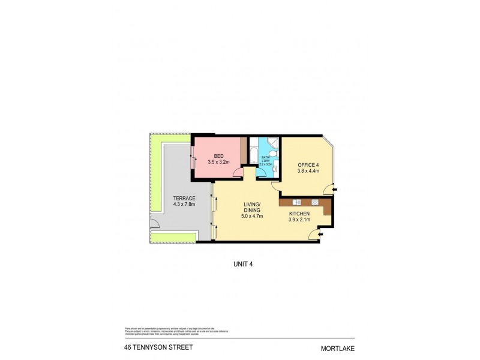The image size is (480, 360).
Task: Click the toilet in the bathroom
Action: pos(274,170)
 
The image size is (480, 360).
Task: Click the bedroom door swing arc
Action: pos(238,172)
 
